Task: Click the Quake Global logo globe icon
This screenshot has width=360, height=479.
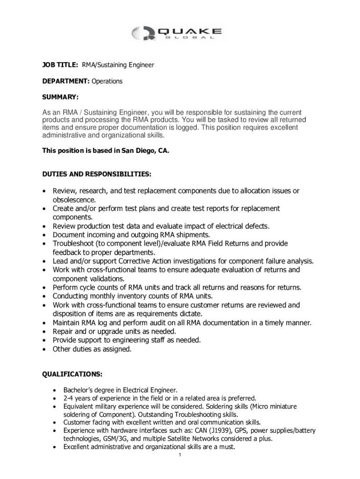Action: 140,33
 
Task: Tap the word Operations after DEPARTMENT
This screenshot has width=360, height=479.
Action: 107,81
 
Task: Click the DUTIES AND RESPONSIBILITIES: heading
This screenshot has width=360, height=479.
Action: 97,174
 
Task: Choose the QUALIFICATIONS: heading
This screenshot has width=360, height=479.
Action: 72,374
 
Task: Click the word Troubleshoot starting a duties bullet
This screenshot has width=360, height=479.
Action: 72,244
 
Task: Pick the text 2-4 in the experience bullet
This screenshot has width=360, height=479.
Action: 69,398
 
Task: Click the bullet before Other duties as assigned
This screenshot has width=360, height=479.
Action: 44,349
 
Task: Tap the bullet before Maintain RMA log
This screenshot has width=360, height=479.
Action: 44,323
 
